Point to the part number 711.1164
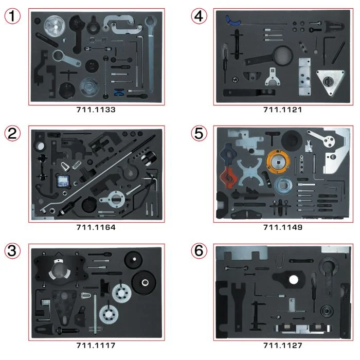[x=96, y=227]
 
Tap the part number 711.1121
[x=282, y=110]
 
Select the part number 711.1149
[x=282, y=227]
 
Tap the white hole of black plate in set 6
[x=294, y=280]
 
